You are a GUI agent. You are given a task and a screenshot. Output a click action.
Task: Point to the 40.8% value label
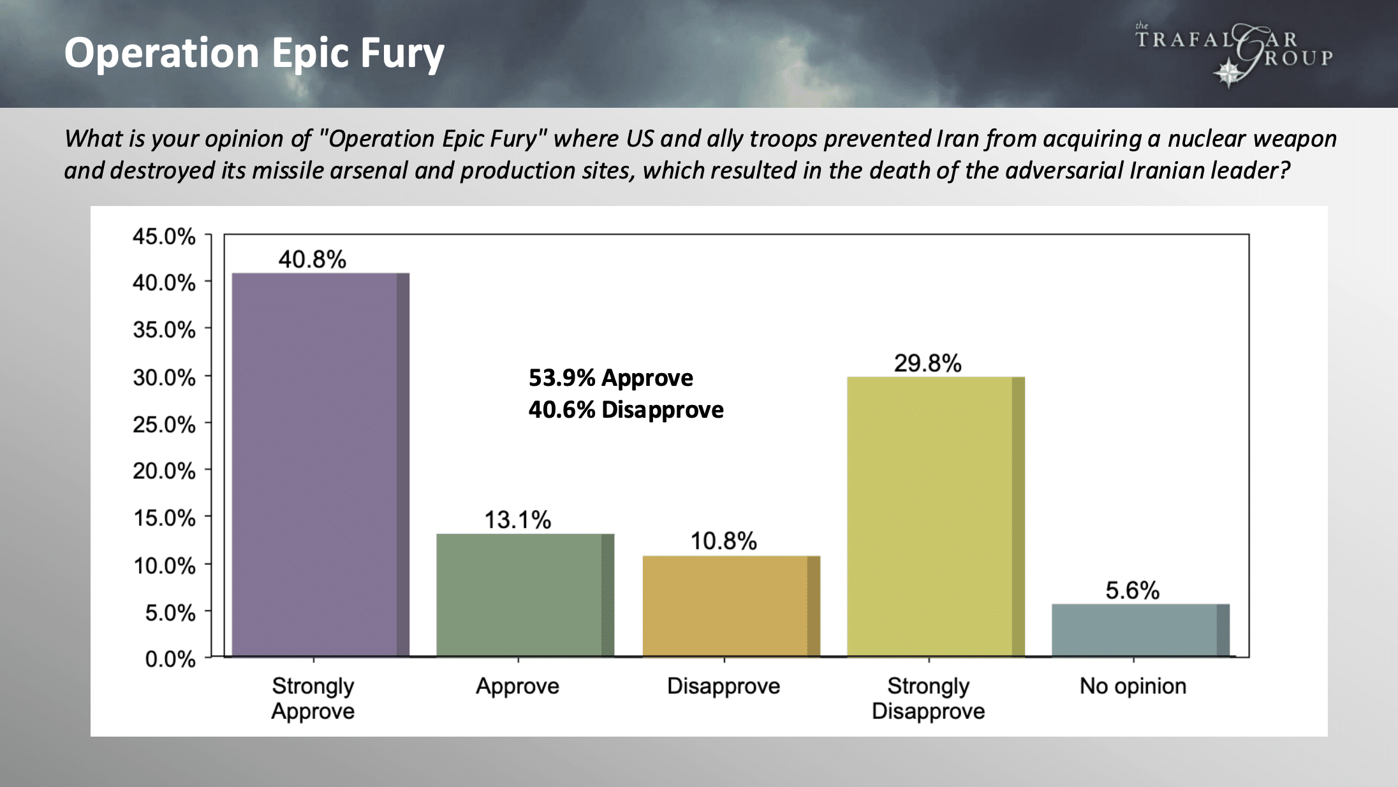pos(312,260)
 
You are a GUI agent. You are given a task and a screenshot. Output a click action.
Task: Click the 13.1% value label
pos(517,520)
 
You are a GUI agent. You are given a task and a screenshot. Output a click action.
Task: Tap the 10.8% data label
pos(723,541)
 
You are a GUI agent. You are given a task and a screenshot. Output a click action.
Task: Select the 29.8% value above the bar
pos(927,364)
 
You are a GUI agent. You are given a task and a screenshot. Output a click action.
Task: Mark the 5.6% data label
pos(1132,591)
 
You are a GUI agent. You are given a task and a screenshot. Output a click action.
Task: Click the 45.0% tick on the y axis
pos(164,237)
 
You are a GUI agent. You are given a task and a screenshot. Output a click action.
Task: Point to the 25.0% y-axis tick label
pos(164,424)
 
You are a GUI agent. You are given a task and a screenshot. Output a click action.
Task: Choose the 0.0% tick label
pos(170,659)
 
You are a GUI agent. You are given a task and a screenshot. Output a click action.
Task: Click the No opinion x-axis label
pos(1133,686)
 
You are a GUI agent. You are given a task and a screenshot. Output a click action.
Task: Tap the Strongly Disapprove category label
pos(928,698)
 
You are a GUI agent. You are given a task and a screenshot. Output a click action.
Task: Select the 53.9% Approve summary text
pos(610,378)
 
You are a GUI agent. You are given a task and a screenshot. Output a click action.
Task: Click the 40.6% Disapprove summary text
pos(626,410)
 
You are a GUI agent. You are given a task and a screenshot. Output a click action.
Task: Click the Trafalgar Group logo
pos(1234,55)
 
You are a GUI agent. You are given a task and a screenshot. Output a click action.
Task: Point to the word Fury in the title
pos(402,53)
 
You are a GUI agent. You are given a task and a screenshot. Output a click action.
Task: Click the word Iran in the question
pos(959,139)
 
